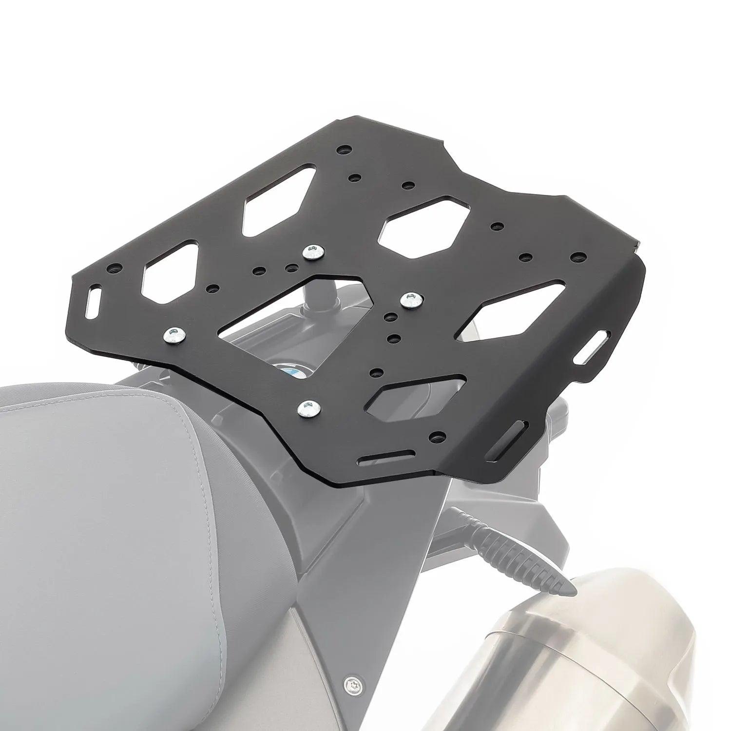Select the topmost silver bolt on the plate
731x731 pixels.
pyautogui.click(x=312, y=252)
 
